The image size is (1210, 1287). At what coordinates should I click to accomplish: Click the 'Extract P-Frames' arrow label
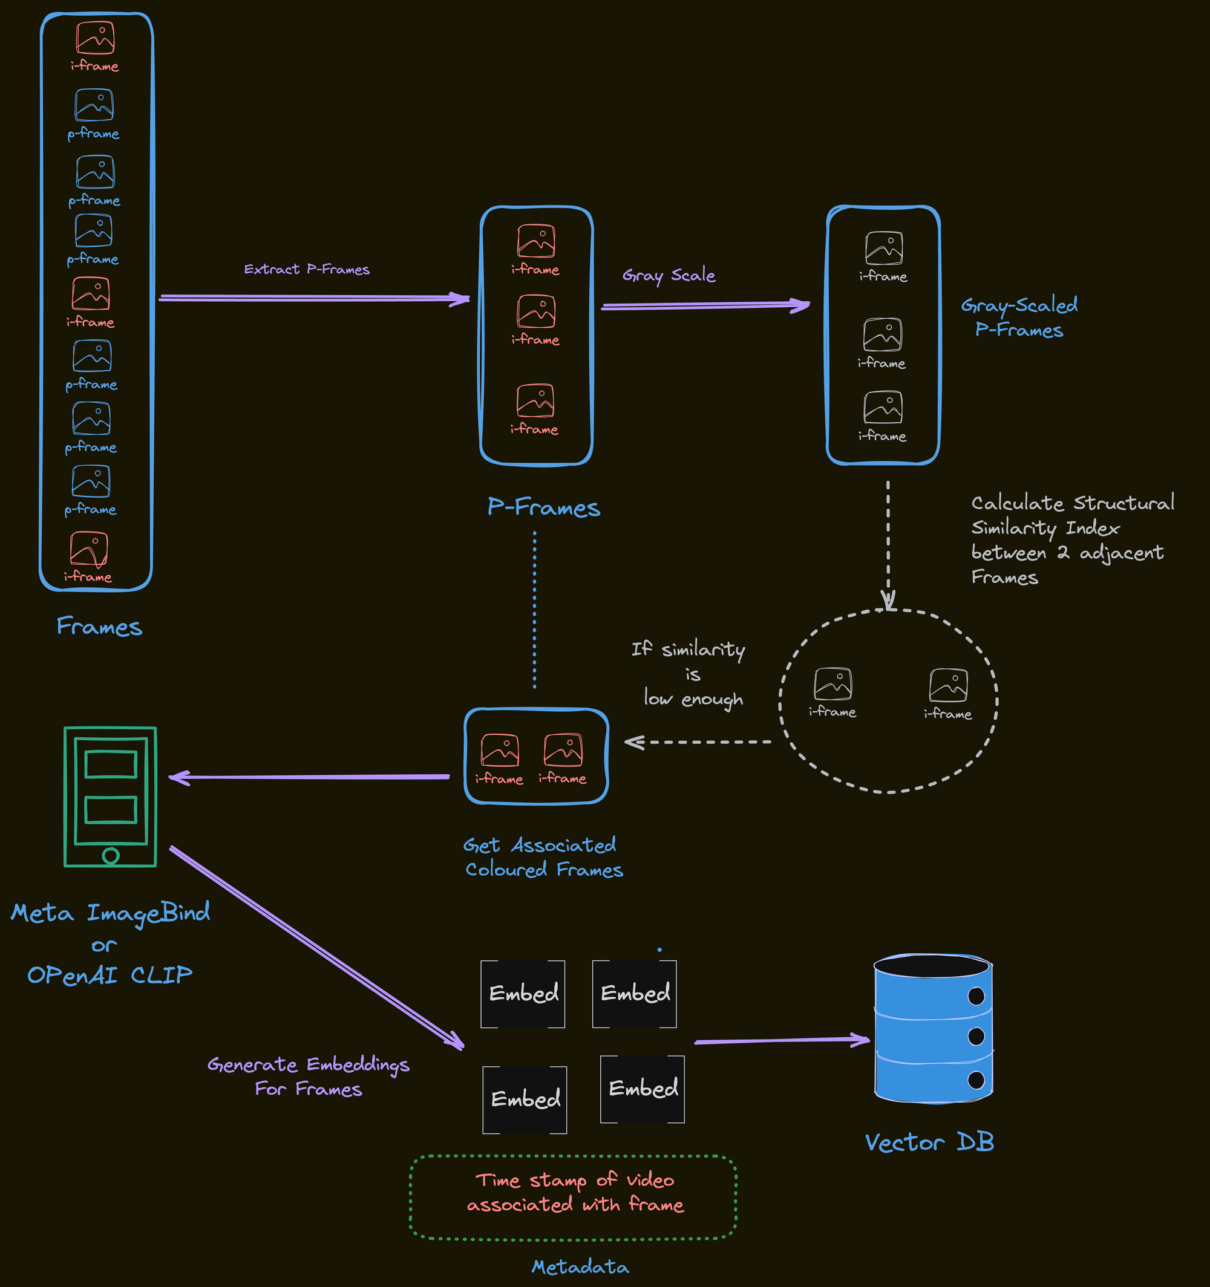(x=306, y=269)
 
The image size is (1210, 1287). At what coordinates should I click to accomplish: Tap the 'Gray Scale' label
(x=669, y=275)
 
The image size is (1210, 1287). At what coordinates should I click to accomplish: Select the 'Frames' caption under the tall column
(x=99, y=626)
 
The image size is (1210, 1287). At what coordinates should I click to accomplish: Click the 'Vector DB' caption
(x=929, y=1142)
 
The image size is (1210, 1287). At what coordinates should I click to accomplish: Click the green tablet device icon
(x=110, y=797)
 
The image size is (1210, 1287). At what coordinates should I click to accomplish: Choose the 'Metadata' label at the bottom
(x=580, y=1267)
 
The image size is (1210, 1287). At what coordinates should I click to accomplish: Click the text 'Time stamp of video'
(x=575, y=1180)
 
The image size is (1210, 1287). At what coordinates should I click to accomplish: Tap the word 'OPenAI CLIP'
(x=110, y=974)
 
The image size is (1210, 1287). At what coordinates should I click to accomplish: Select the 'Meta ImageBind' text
(x=110, y=913)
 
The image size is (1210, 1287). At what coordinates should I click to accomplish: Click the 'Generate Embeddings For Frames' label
(x=309, y=1076)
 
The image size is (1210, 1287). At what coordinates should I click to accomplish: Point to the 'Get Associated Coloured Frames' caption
(x=543, y=857)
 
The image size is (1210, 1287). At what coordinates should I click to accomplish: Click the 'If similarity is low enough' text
(x=690, y=674)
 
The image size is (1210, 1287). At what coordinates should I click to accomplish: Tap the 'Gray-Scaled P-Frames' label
(x=1019, y=318)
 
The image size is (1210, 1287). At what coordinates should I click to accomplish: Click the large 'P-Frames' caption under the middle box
(x=543, y=507)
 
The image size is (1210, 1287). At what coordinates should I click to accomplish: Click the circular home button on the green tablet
(x=111, y=856)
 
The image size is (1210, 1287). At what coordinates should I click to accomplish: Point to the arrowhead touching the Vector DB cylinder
(x=863, y=1039)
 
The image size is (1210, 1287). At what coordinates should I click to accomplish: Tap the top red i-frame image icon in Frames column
(x=95, y=37)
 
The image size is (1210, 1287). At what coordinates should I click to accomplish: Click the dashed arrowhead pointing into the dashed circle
(x=889, y=602)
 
